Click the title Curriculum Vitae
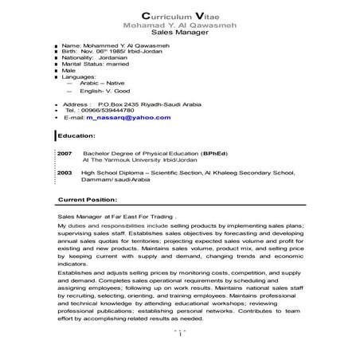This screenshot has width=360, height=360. click(179, 16)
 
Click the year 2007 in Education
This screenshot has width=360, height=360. click(65, 152)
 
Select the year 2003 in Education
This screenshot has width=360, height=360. click(65, 171)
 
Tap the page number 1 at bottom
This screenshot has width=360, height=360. click(180, 334)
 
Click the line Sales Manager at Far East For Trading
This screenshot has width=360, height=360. click(117, 216)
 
